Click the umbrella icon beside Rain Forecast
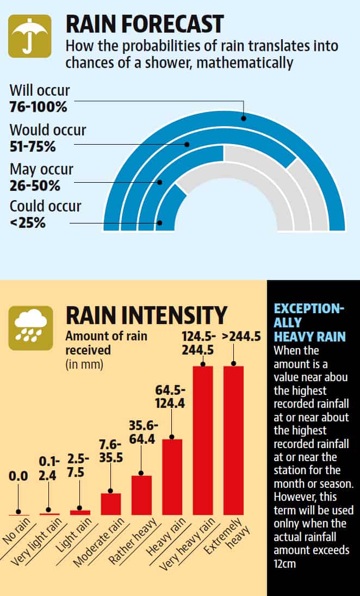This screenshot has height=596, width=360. click(x=30, y=36)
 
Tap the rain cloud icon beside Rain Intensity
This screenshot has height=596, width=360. click(x=30, y=327)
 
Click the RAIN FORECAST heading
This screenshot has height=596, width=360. click(x=144, y=24)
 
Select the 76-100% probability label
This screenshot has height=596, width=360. click(x=38, y=107)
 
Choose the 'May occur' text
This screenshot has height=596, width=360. click(x=41, y=169)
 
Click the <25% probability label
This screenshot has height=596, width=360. click(x=27, y=222)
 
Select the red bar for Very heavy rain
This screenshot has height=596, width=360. click(x=203, y=440)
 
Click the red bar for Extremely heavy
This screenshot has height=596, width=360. click(x=233, y=440)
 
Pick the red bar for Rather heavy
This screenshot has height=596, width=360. click(x=141, y=495)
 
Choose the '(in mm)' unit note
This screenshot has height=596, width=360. click(x=84, y=363)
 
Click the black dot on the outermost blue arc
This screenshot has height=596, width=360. click(x=244, y=117)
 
